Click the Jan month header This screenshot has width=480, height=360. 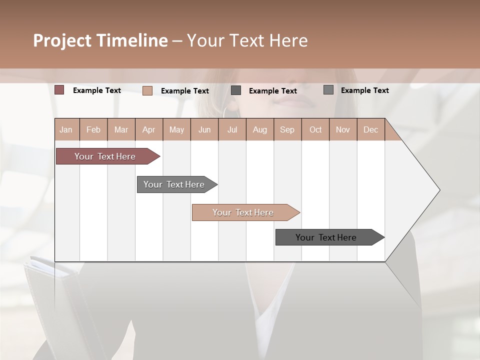click(x=66, y=129)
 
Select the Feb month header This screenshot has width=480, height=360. click(x=93, y=129)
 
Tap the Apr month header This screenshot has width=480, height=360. click(x=149, y=129)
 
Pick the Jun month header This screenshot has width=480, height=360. click(x=204, y=129)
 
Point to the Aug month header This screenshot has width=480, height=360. click(x=260, y=129)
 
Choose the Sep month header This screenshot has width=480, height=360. click(x=287, y=129)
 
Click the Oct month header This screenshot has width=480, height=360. click(x=315, y=129)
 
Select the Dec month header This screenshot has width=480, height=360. click(x=371, y=129)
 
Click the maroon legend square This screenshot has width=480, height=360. click(x=59, y=90)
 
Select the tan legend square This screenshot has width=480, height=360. click(x=147, y=90)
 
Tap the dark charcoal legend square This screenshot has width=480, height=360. click(x=236, y=90)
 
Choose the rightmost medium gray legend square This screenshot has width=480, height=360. click(x=328, y=90)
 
